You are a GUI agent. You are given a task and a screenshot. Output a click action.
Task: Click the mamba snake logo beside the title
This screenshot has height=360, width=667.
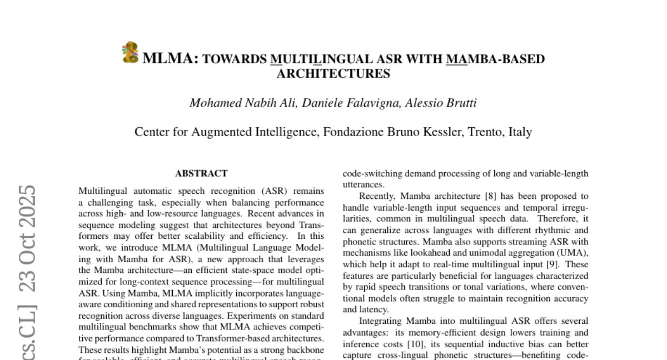tap(130, 52)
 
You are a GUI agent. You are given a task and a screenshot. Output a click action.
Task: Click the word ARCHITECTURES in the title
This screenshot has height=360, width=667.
tap(333, 73)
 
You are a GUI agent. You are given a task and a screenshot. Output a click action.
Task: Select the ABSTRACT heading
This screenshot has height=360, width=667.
tap(201, 173)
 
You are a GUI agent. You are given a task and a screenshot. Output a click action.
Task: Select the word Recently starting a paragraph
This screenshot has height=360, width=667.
tap(378, 196)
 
